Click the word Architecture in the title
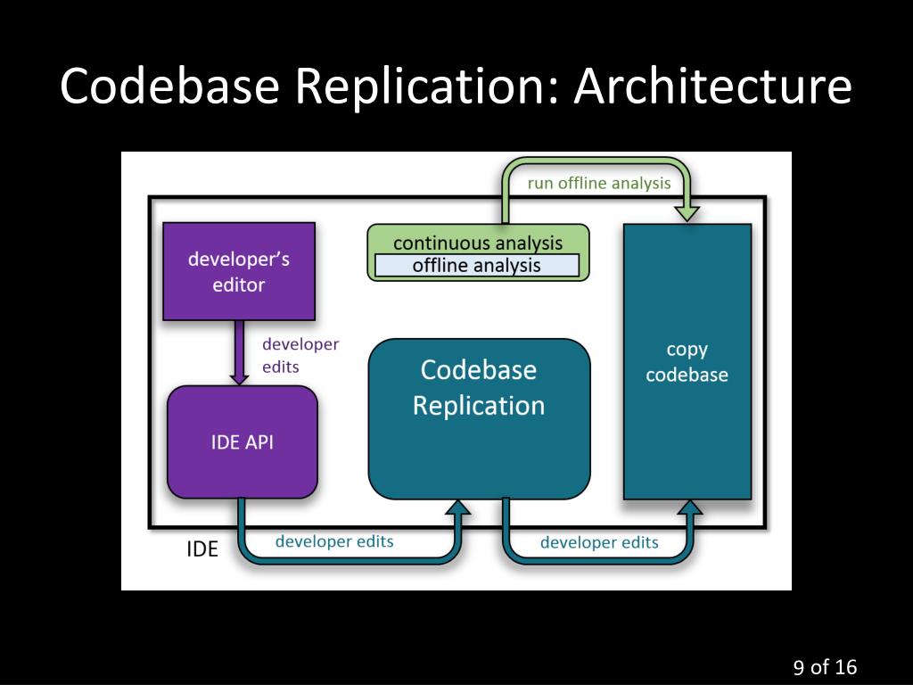coord(712,85)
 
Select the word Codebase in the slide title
coord(169,85)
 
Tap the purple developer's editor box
coord(239,271)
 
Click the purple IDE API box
coord(243,442)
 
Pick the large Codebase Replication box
coord(479,419)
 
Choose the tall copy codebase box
coord(687,362)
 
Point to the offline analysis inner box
coord(477,266)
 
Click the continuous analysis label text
coord(478,243)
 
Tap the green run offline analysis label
coord(599,184)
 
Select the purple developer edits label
coord(300,355)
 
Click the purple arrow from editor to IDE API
coord(239,352)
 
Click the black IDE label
coord(202,549)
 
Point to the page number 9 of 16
coord(825,667)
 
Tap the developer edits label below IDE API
coord(334,541)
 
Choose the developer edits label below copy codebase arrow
coord(599,543)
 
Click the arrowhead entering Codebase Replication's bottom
coord(458,508)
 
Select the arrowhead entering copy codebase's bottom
coord(691,508)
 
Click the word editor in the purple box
coord(239,285)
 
